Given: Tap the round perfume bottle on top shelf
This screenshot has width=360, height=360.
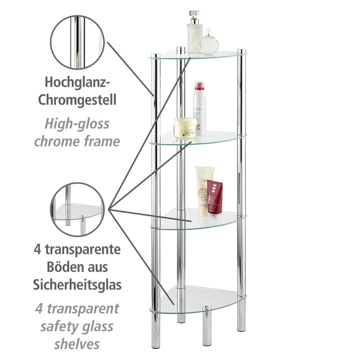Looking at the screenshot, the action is tap(209, 42).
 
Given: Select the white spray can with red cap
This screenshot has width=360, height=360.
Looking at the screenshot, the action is tap(199, 108).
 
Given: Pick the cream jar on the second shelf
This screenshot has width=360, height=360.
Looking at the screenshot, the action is tap(185, 128).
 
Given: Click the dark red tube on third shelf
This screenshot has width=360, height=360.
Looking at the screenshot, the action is tap(215, 197).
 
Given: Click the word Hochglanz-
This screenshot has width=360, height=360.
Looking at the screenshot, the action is tap(77, 82).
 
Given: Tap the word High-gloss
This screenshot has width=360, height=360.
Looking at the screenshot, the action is tap(77, 124).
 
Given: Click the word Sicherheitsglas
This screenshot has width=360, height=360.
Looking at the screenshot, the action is tap(77, 285).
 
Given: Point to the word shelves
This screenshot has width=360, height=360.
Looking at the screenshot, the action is tap(77, 344).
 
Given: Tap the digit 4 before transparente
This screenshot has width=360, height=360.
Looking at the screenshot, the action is tap(37, 249).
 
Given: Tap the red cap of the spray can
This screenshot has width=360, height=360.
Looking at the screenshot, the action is tap(199, 85).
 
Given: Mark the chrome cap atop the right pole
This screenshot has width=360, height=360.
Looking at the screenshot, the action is tap(242, 51).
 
